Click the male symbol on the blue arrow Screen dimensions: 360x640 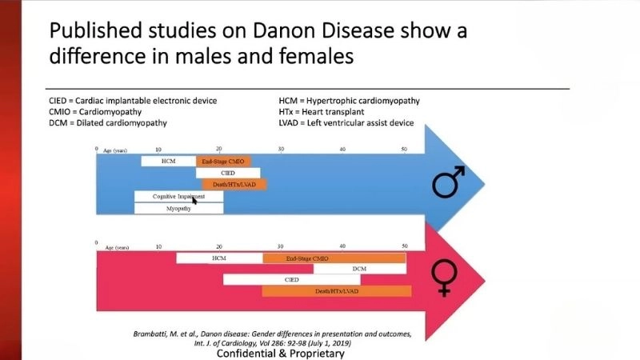pyautogui.click(x=450, y=182)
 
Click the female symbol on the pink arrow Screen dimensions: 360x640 pyautogui.click(x=443, y=279)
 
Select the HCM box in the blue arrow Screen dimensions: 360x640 pyautogui.click(x=168, y=161)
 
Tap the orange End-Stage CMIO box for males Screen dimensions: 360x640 pyautogui.click(x=223, y=161)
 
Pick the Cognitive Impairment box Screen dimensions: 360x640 pyautogui.click(x=178, y=196)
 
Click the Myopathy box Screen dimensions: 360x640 pyautogui.click(x=178, y=208)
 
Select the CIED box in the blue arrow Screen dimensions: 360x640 pyautogui.click(x=228, y=173)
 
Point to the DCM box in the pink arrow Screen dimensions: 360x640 pyautogui.click(x=359, y=269)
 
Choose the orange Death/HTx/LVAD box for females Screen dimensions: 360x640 pyautogui.click(x=334, y=291)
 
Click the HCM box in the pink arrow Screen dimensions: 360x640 pyautogui.click(x=219, y=258)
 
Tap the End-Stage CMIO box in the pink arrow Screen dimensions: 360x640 pyautogui.click(x=334, y=258)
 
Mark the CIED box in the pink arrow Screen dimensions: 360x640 pyautogui.click(x=291, y=280)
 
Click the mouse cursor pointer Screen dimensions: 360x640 pyautogui.click(x=194, y=200)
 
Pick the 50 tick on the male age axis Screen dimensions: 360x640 pyautogui.click(x=404, y=150)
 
